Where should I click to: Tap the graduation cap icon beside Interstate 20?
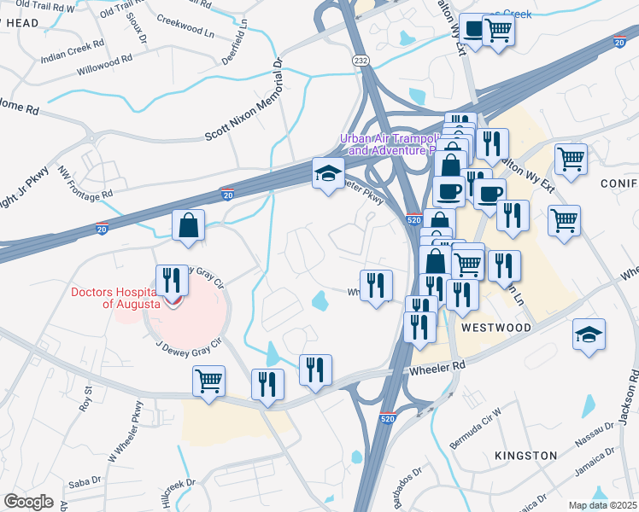[327, 174]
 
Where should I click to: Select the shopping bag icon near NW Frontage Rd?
[188, 226]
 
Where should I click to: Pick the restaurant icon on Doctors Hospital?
[173, 281]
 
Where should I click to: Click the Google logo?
[29, 501]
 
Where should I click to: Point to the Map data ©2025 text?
[603, 504]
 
